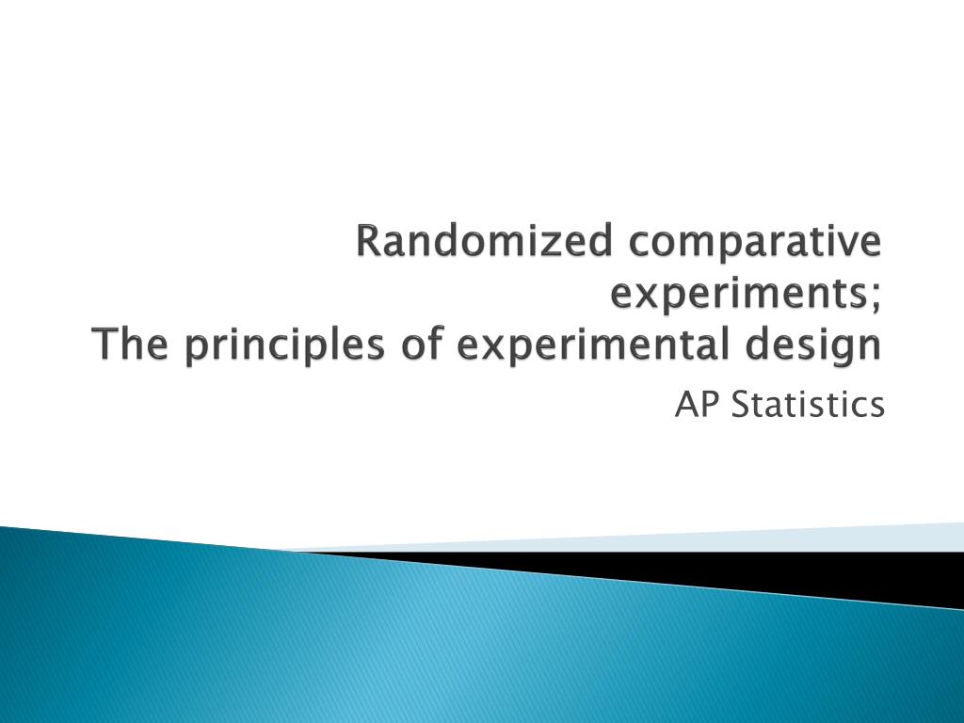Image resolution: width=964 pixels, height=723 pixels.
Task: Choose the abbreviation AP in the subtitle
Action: [692, 406]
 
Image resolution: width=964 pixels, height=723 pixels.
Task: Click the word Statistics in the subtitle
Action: [807, 406]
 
